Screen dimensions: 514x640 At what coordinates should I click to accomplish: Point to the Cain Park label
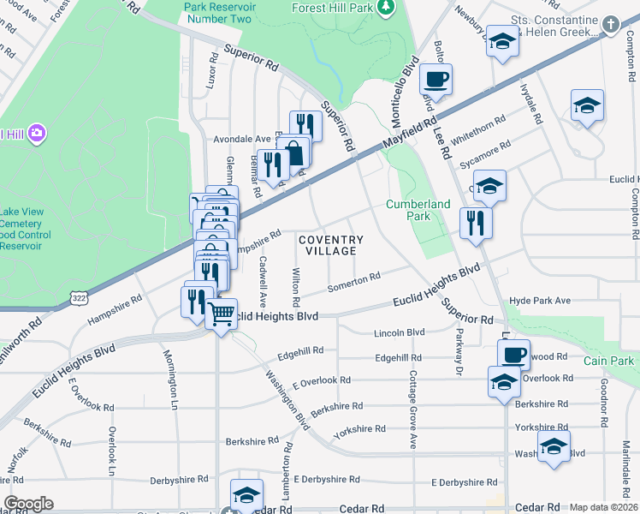pos(608,361)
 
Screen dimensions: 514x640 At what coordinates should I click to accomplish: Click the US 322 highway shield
pos(78,296)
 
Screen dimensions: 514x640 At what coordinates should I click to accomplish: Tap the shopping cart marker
pos(222,314)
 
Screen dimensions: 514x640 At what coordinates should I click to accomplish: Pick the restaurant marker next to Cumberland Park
pos(476,223)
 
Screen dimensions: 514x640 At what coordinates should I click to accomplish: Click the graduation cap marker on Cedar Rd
pos(246,494)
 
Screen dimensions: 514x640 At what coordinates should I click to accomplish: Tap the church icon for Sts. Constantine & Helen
pos(611,23)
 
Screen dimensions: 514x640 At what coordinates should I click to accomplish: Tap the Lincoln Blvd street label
pos(399,332)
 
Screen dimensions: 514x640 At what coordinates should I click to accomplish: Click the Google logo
pos(28,504)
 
